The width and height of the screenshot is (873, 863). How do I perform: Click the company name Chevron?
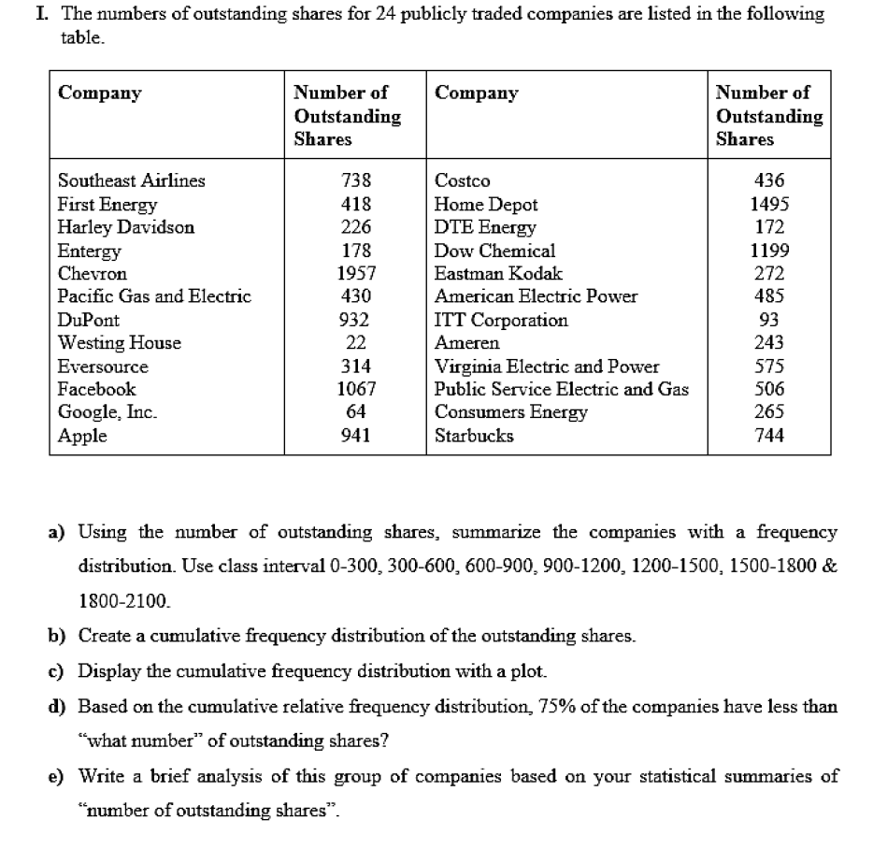tap(93, 274)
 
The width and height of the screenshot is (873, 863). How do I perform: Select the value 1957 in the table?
tap(356, 274)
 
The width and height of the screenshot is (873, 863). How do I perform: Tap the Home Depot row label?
tap(486, 205)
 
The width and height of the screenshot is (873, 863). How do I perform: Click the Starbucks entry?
tap(474, 436)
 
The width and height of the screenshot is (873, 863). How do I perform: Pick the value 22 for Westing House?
tap(356, 343)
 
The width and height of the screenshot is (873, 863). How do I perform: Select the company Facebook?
tap(96, 389)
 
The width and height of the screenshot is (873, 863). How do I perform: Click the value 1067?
tap(356, 389)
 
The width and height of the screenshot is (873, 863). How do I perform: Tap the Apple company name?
tap(82, 436)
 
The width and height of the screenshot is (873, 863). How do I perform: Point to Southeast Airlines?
tap(131, 181)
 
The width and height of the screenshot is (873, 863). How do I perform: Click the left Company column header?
tap(100, 93)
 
